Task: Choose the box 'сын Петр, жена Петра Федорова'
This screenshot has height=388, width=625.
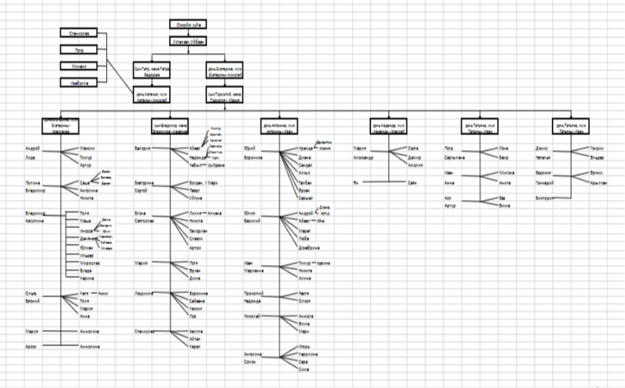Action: coord(152,71)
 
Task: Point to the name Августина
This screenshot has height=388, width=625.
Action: coord(34,219)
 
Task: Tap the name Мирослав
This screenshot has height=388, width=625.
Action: coord(89,263)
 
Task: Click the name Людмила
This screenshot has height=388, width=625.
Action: coord(145,294)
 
